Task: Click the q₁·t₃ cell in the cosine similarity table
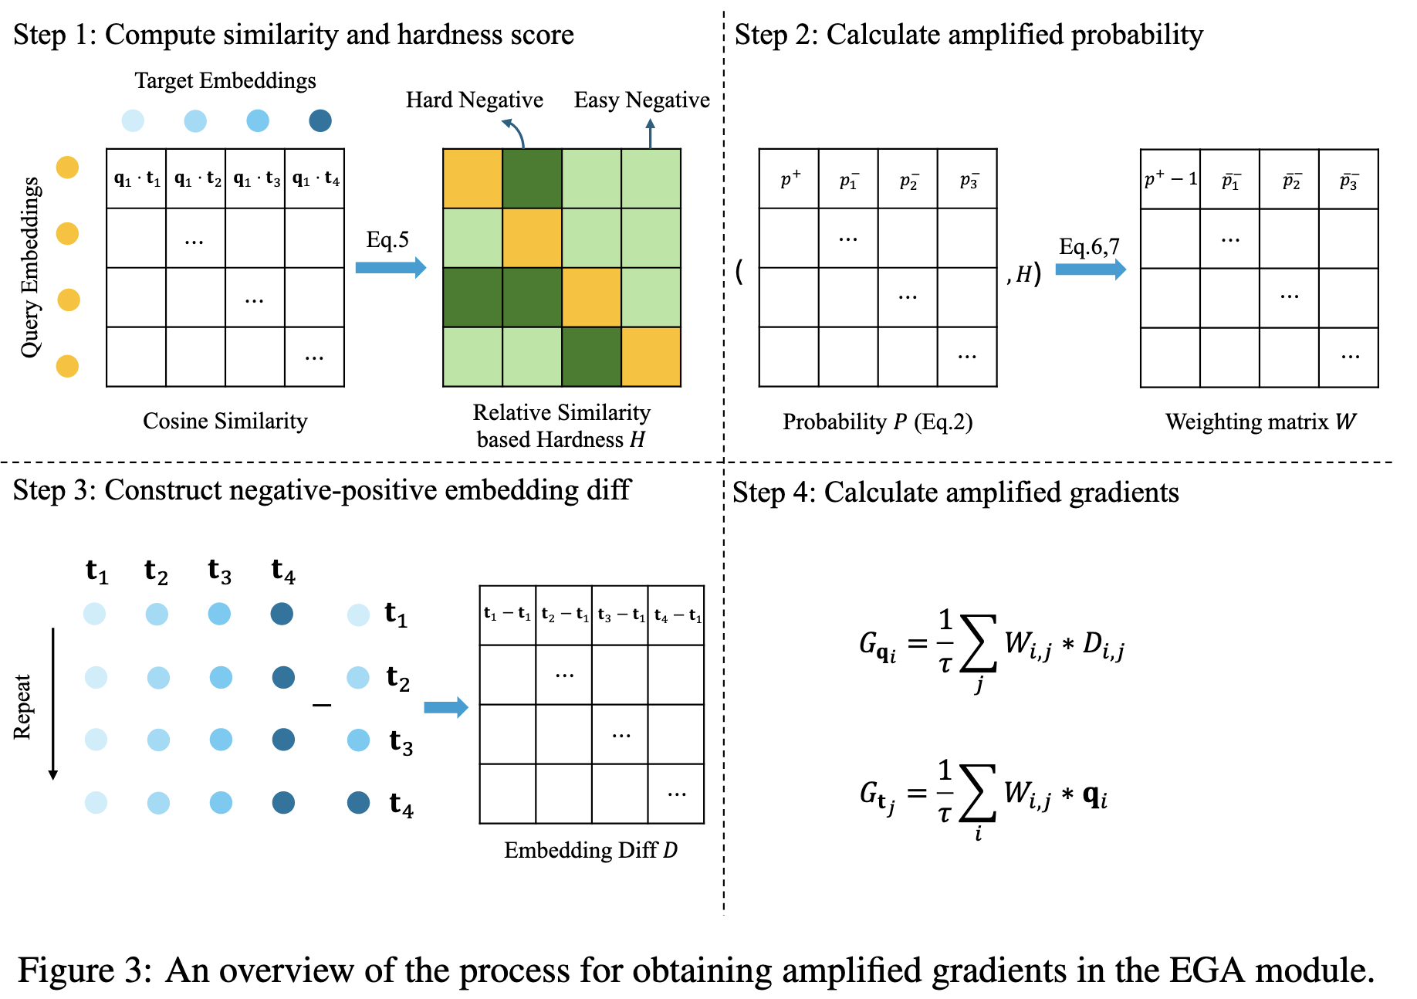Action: click(x=255, y=179)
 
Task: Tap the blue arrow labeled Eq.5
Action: click(x=391, y=268)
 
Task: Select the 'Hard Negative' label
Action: click(x=474, y=100)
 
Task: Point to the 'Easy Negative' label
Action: click(x=641, y=100)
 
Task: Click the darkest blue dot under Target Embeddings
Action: click(x=320, y=120)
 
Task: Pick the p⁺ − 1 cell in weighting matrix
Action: click(x=1170, y=179)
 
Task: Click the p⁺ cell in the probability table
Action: click(x=789, y=179)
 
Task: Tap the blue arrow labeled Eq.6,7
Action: click(x=1090, y=269)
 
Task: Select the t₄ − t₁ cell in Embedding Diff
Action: click(x=677, y=615)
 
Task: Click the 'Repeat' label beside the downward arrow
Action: click(x=22, y=706)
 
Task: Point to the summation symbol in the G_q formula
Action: click(x=978, y=643)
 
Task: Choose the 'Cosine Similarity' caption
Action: click(x=225, y=421)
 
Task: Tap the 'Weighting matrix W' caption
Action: click(x=1260, y=422)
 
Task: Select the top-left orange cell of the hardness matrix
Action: click(x=472, y=179)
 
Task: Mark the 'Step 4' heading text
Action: click(x=955, y=493)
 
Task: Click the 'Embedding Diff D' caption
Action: click(x=590, y=850)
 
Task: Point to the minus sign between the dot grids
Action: click(x=322, y=705)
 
